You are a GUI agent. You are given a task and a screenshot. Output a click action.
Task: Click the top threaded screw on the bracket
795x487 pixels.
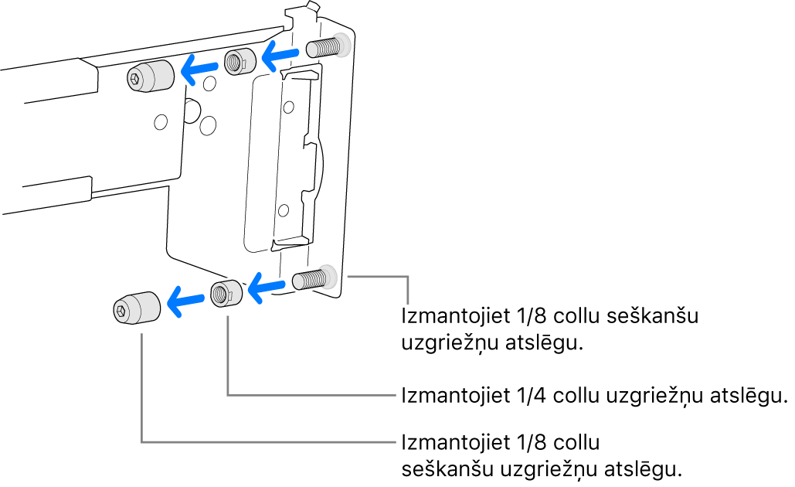326,48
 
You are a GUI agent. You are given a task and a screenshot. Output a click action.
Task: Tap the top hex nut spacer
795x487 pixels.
239,62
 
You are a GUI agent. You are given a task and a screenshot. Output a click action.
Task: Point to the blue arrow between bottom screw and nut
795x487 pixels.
267,289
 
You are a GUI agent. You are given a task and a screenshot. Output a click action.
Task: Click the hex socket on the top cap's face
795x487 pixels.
135,78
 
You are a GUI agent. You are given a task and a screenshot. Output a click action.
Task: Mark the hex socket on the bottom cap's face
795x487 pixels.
123,310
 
